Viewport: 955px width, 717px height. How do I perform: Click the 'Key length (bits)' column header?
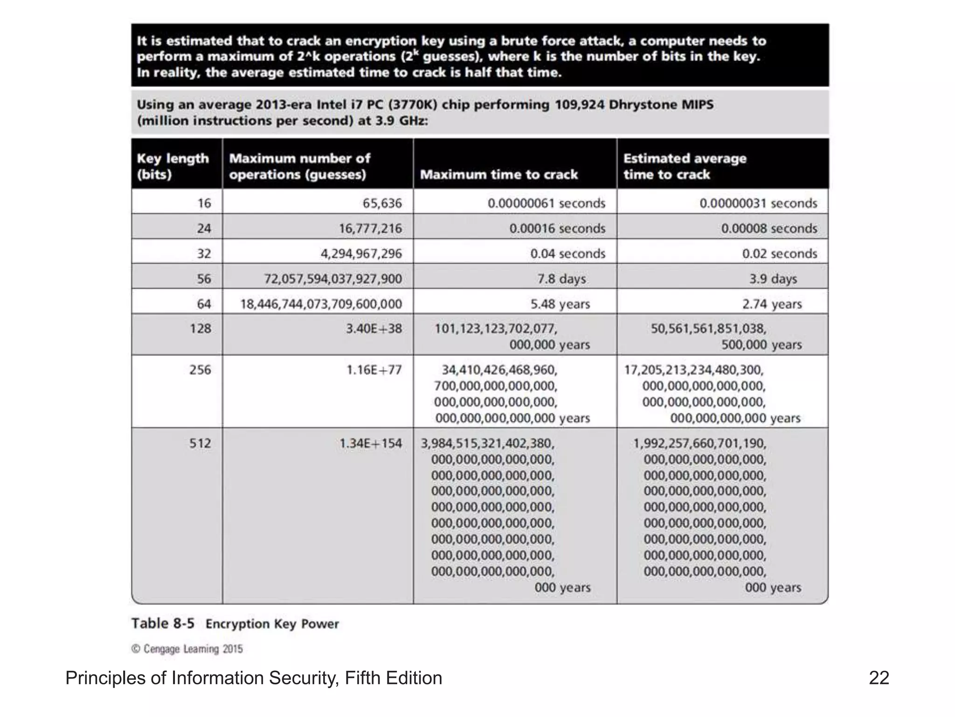(x=173, y=166)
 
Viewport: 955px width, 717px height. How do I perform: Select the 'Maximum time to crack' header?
(x=498, y=175)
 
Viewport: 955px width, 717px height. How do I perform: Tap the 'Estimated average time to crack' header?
(x=685, y=166)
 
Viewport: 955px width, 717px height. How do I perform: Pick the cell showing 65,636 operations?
(x=382, y=203)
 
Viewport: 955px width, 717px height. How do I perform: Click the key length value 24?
(x=204, y=228)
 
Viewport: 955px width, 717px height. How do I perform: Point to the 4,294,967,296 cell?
(x=361, y=253)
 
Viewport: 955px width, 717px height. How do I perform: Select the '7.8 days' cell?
(x=561, y=279)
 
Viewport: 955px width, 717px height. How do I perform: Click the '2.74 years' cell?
(x=772, y=304)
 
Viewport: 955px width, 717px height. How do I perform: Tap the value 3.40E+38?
(x=374, y=329)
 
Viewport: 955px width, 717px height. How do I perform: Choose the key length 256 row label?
(x=200, y=370)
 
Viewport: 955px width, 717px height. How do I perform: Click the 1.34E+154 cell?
(x=370, y=443)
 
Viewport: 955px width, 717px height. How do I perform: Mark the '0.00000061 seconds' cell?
(x=546, y=203)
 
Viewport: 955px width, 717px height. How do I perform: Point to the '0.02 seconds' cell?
(x=779, y=253)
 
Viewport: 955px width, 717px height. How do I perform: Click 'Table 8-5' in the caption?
(x=163, y=623)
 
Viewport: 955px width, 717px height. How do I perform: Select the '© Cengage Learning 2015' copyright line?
(x=187, y=649)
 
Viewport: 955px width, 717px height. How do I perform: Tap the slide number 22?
(x=879, y=678)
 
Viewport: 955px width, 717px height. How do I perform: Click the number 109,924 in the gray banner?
(x=579, y=104)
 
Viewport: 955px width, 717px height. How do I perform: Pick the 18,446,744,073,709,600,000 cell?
(x=321, y=304)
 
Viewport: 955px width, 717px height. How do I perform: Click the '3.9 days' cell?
(x=773, y=279)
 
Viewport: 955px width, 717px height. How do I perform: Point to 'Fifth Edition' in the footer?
(x=393, y=678)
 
